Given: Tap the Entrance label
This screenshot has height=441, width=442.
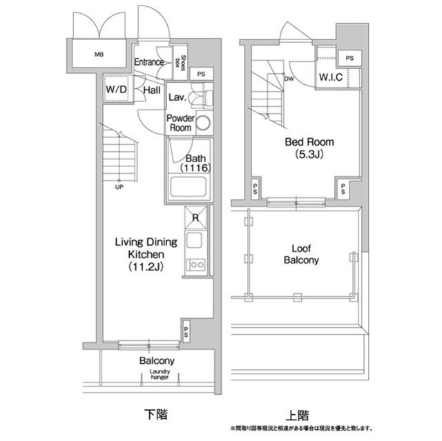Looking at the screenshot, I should pyautogui.click(x=149, y=62).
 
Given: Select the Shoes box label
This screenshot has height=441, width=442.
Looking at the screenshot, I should pyautogui.click(x=184, y=63).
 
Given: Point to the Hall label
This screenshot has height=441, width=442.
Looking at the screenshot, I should pyautogui.click(x=152, y=90).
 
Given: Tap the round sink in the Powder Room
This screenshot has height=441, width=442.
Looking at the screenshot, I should pyautogui.click(x=204, y=124).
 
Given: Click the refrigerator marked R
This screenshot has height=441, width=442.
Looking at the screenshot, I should pyautogui.click(x=195, y=218).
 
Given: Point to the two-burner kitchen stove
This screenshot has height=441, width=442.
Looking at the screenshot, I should pyautogui.click(x=195, y=264).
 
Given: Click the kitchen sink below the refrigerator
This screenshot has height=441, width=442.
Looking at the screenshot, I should pyautogui.click(x=194, y=242).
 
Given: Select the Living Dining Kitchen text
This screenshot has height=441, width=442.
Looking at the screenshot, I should pyautogui.click(x=146, y=253).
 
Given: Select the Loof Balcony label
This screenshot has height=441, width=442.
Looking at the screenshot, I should pyautogui.click(x=300, y=254).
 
